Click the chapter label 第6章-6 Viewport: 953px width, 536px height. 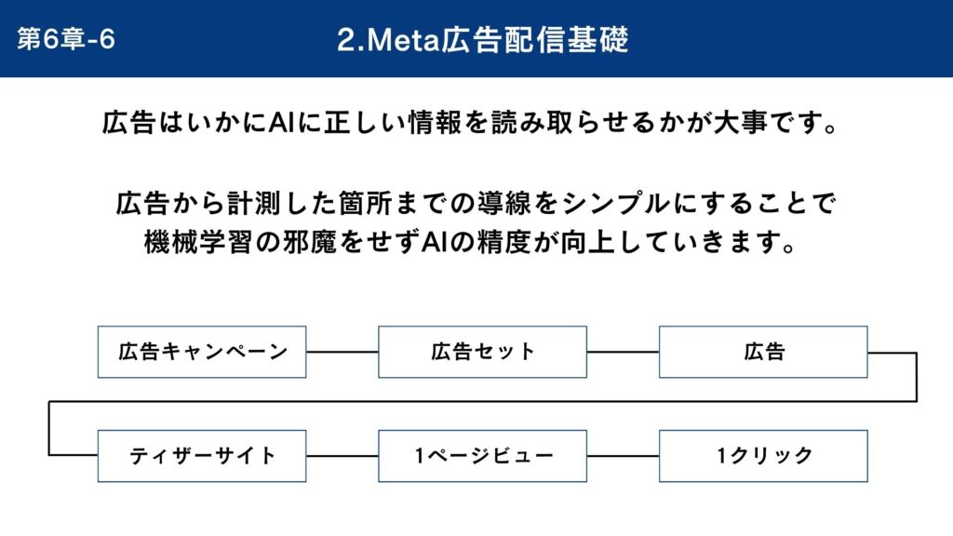tap(66, 39)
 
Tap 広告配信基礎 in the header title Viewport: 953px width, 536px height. tap(535, 40)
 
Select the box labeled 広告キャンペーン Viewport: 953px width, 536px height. tap(202, 352)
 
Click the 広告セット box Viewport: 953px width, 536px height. tap(483, 352)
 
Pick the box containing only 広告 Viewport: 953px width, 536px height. tap(763, 352)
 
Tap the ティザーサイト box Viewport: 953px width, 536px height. tap(202, 456)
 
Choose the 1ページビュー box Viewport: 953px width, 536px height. tap(483, 456)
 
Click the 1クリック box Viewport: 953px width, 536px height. tap(763, 456)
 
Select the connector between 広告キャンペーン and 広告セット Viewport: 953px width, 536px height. tap(342, 352)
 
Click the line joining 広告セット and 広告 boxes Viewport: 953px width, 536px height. tap(623, 352)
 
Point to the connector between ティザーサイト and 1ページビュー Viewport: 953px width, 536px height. tap(342, 456)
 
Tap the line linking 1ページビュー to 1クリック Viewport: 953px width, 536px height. tap(623, 456)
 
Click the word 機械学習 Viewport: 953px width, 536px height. tap(198, 243)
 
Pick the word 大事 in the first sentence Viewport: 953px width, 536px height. tap(740, 123)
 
